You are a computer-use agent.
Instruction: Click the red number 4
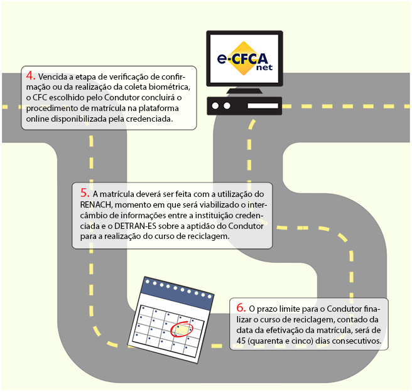pos(31,76)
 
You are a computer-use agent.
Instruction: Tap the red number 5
pos(85,193)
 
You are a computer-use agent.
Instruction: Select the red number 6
pos(241,307)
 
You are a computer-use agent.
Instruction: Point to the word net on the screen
pos(264,68)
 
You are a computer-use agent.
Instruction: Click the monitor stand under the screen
pos(244,91)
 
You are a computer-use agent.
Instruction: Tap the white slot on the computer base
pos(263,106)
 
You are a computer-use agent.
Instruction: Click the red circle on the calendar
pos(182,329)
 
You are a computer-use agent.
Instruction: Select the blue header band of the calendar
pos(177,293)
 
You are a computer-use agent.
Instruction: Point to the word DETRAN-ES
pos(135,226)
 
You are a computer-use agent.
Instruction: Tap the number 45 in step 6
pos(241,341)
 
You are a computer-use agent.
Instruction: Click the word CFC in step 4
pos(40,98)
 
